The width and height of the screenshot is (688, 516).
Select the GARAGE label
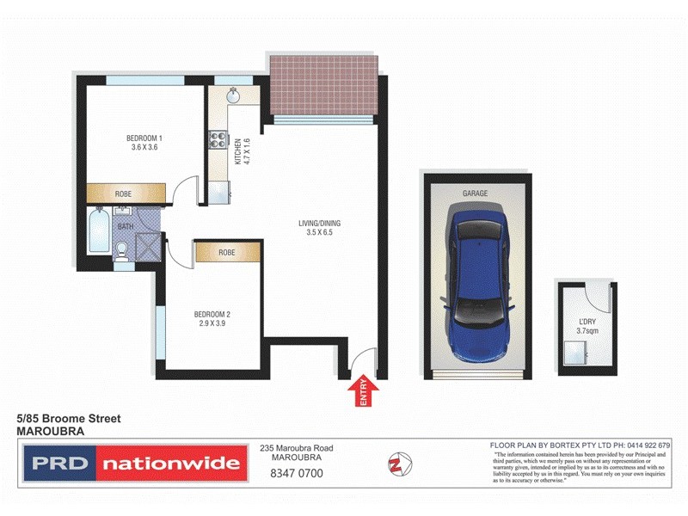475,193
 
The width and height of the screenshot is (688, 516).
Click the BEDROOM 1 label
144,142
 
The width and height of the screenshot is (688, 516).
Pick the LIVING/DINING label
322,228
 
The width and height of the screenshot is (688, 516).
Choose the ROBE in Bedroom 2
227,253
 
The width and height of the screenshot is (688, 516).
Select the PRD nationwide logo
133,464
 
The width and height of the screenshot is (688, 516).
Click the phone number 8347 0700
296,474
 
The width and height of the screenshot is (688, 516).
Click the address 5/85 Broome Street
70,419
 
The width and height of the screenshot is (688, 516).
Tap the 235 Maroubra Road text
296,448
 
